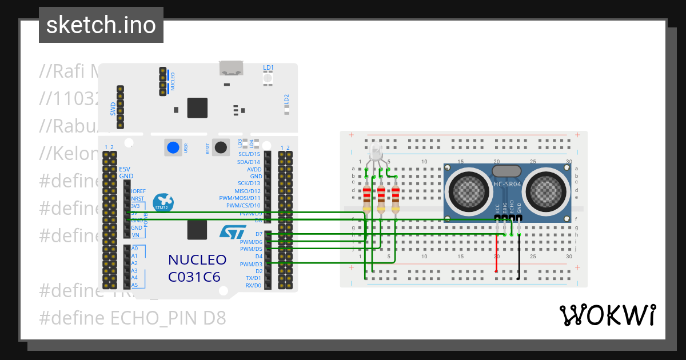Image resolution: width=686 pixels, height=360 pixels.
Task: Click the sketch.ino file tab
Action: tap(101, 25)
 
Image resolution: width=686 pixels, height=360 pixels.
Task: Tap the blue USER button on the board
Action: tap(173, 147)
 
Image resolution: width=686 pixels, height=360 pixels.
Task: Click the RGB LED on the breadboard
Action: tap(376, 152)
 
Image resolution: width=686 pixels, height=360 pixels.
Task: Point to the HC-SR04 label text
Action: tap(507, 184)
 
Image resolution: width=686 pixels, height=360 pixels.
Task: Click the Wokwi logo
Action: tap(607, 315)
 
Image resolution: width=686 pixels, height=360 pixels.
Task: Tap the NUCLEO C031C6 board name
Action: tap(197, 269)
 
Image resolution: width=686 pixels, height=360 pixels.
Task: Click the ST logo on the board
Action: tap(233, 231)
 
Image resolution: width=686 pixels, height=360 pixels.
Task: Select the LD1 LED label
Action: tap(268, 67)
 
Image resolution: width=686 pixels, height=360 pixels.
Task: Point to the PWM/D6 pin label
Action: tap(251, 242)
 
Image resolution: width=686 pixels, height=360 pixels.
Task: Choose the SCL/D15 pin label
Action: tap(249, 154)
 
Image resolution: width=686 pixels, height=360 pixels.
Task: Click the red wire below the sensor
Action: tap(496, 254)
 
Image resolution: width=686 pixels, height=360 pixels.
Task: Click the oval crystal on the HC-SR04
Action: tap(506, 170)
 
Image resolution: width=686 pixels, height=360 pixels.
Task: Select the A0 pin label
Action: tap(134, 249)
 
